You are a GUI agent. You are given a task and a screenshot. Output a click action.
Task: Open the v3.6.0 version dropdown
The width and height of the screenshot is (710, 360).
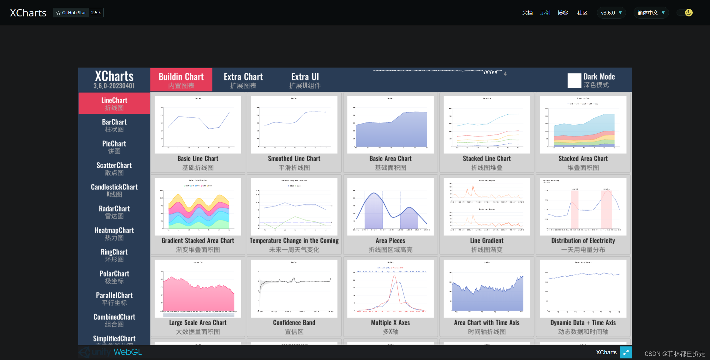(x=611, y=13)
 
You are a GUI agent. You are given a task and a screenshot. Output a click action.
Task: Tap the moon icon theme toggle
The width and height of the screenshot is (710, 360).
(x=689, y=13)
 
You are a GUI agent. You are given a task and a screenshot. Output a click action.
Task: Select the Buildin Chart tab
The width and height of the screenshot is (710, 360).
(x=181, y=80)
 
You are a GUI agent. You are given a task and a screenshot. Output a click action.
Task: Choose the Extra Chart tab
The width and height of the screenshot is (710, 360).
(x=243, y=80)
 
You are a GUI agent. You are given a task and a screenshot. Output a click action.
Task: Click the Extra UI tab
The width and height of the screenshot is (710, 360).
(x=305, y=80)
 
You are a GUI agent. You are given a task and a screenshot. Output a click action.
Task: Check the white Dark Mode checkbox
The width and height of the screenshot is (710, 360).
(x=574, y=80)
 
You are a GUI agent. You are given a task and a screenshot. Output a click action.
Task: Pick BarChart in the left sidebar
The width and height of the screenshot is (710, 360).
(x=114, y=125)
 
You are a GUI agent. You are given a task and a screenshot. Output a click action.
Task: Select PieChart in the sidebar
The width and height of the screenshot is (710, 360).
(x=114, y=147)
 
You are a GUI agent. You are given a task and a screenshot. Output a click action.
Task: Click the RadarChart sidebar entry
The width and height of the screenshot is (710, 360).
(x=114, y=212)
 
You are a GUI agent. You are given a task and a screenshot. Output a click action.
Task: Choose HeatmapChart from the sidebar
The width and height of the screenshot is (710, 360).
(x=114, y=234)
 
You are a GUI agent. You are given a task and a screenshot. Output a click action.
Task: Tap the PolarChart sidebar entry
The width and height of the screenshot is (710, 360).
(x=114, y=277)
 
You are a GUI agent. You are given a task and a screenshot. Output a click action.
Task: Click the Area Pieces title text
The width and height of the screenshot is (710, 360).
(x=390, y=241)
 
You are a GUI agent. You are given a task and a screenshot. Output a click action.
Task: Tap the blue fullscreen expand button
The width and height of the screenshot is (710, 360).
(x=626, y=352)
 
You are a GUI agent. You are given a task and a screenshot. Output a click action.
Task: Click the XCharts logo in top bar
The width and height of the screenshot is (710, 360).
(x=28, y=13)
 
